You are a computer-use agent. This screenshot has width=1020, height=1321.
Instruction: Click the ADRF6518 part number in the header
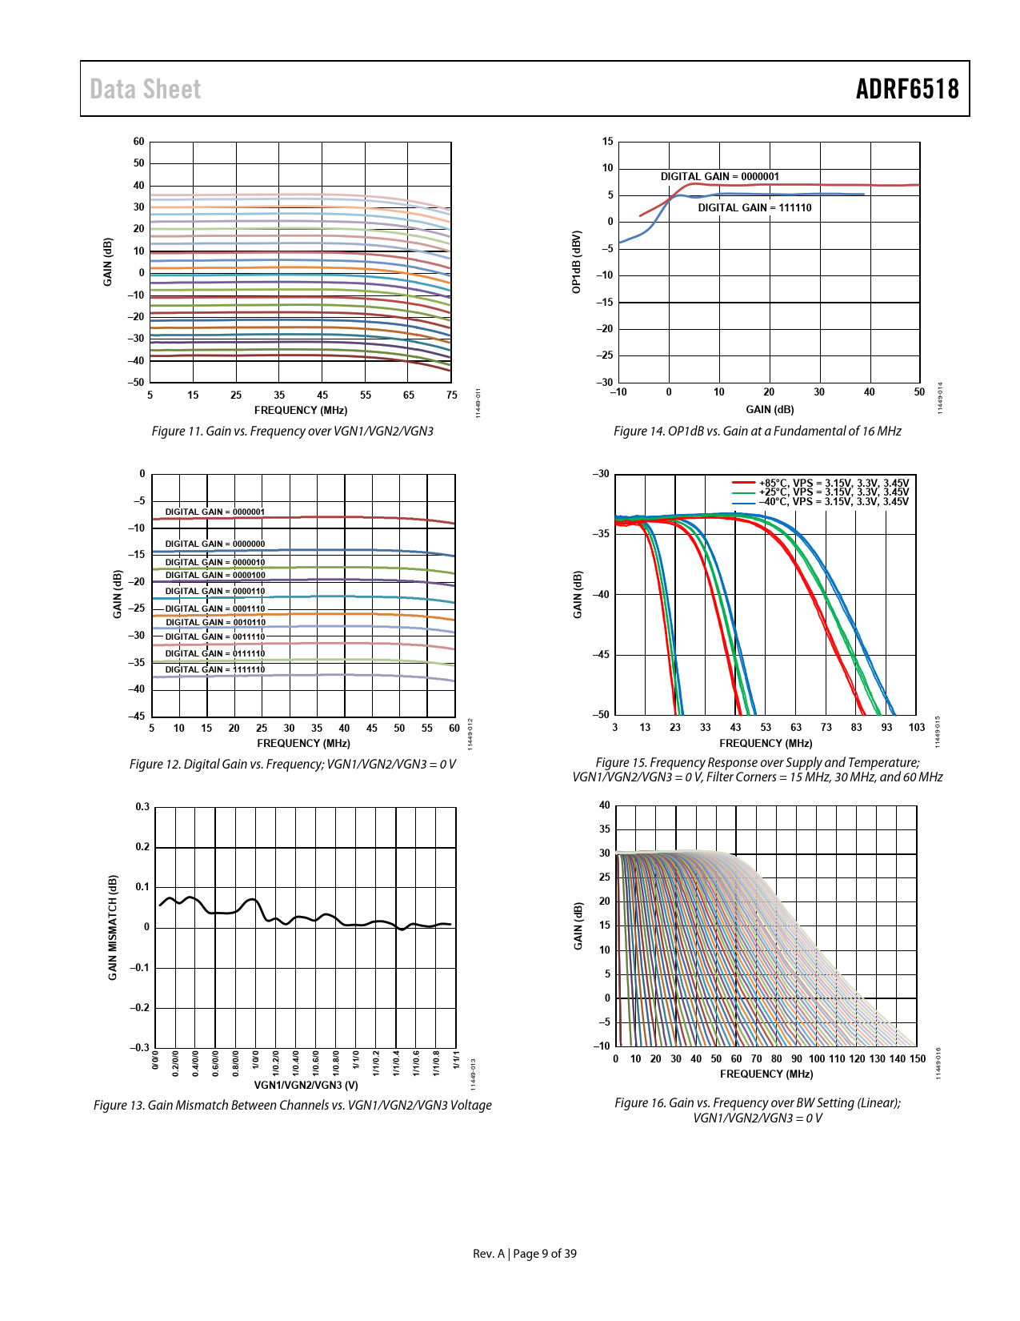point(906,89)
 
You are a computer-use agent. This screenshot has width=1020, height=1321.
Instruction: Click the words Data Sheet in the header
point(145,89)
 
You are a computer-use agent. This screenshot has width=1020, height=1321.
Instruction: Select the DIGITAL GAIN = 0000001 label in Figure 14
point(719,176)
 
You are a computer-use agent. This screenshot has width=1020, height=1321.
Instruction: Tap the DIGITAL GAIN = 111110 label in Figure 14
point(754,207)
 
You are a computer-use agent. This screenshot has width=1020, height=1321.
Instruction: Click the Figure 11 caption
point(292,431)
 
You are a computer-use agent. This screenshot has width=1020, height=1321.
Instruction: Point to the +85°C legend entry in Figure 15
point(833,483)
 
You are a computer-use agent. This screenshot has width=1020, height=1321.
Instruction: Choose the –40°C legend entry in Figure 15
point(833,502)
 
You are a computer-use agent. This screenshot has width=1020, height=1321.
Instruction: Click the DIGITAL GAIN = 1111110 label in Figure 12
point(214,669)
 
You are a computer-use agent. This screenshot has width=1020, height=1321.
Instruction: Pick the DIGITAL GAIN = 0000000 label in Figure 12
point(214,544)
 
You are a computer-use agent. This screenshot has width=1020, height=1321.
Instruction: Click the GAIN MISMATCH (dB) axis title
point(113,927)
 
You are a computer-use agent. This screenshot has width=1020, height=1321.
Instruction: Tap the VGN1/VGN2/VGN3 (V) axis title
point(306,1085)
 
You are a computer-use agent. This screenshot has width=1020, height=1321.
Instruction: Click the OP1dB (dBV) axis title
point(576,262)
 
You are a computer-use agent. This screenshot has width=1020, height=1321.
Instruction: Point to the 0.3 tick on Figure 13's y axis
point(142,807)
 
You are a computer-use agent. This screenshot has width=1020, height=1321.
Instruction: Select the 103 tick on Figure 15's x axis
point(917,727)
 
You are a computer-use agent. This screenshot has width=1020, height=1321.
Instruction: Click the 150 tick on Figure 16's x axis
point(918,1058)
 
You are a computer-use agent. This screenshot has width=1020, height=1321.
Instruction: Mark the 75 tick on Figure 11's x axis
point(452,395)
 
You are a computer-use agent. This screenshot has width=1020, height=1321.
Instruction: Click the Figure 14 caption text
point(757,431)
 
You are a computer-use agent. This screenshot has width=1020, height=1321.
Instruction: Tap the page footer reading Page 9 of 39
point(544,1254)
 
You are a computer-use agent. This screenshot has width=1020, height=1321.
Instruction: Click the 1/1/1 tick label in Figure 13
point(456,1060)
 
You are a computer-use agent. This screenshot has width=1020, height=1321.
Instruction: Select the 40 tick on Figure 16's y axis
point(604,805)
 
